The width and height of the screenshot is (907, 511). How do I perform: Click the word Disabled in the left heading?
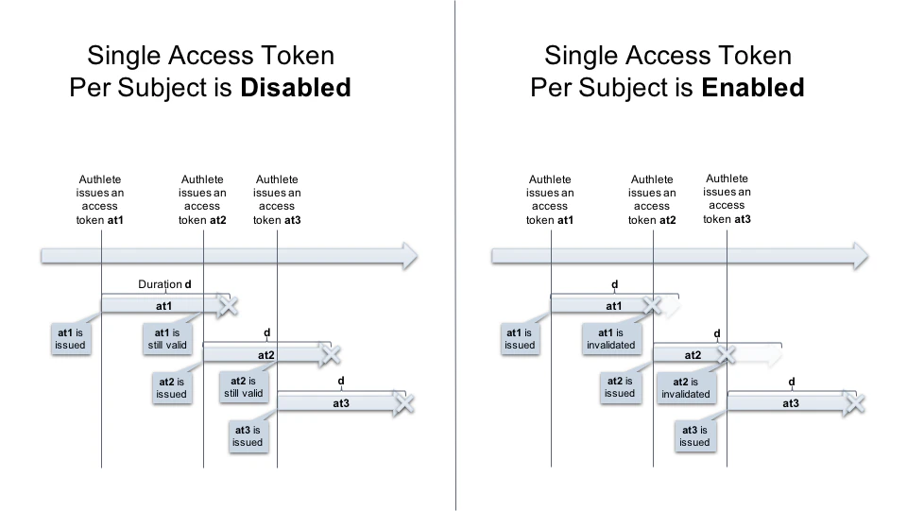tap(296, 88)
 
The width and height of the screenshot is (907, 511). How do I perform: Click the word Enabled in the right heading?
tap(752, 88)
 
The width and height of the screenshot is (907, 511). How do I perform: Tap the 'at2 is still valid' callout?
tap(244, 387)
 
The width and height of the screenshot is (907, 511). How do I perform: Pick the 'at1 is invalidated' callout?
tap(612, 339)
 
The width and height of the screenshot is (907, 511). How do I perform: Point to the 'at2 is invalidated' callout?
tap(686, 387)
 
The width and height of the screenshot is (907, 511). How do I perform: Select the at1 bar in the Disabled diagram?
tap(163, 306)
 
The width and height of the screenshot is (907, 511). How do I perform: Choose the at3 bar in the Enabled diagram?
tap(790, 403)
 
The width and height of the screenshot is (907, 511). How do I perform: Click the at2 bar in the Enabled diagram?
tap(693, 355)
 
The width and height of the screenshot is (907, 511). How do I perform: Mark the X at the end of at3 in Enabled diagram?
tap(855, 403)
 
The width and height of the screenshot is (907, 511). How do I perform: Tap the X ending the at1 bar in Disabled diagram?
tap(228, 305)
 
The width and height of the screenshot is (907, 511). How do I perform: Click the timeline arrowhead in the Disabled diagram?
tap(407, 255)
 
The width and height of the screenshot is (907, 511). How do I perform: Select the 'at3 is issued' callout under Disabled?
tap(248, 435)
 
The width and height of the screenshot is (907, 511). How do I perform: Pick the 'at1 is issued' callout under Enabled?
tap(520, 339)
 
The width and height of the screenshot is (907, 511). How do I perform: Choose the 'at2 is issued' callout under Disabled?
tap(171, 387)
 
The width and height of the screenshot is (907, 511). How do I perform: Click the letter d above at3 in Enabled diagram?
tap(792, 382)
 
